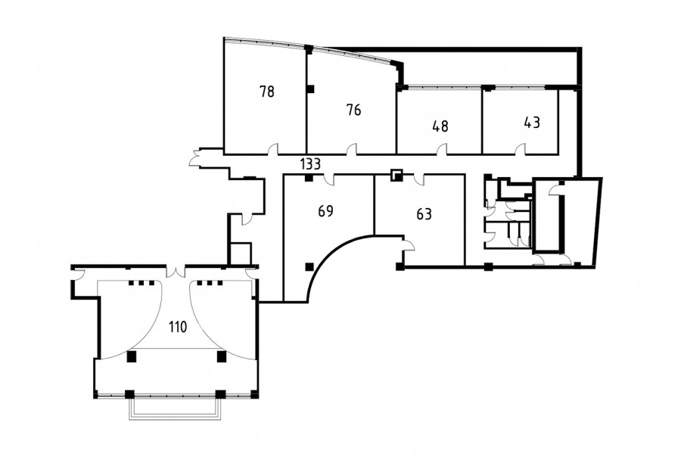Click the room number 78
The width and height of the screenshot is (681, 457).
click(267, 92)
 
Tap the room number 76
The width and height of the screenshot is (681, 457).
click(354, 110)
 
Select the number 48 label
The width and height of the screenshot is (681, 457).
click(440, 126)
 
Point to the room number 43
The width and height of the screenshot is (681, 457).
click(532, 123)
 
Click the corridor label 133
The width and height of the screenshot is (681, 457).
click(310, 164)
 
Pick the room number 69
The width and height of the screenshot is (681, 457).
click(325, 211)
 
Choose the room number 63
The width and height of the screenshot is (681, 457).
click(424, 214)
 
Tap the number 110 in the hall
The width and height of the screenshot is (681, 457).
click(178, 327)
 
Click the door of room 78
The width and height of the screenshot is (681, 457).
click(272, 149)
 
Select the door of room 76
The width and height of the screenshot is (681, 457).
click(351, 149)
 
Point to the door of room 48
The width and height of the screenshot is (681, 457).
click(442, 149)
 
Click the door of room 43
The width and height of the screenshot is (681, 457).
click(520, 149)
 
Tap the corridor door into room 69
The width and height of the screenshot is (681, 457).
click(330, 179)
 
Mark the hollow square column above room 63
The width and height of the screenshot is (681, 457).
click(396, 175)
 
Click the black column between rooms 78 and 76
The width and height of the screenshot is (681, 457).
click(310, 89)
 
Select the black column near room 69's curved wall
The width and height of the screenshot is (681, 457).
click(309, 267)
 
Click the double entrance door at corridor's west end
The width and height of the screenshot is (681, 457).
click(195, 157)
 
